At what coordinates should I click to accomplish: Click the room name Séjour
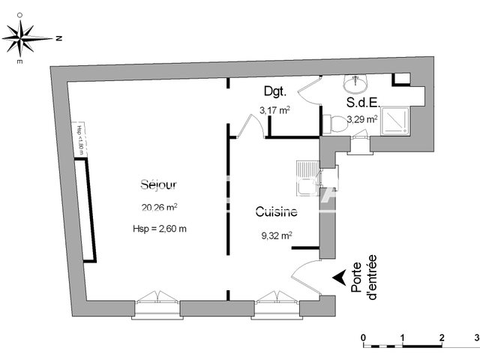158,184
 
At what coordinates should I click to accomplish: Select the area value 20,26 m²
158,208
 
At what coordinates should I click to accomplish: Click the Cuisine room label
275,212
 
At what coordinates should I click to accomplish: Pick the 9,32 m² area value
275,235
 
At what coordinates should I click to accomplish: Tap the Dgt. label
274,92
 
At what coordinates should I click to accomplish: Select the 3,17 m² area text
274,110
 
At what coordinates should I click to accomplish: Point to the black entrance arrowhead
340,276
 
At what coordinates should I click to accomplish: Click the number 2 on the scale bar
442,337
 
